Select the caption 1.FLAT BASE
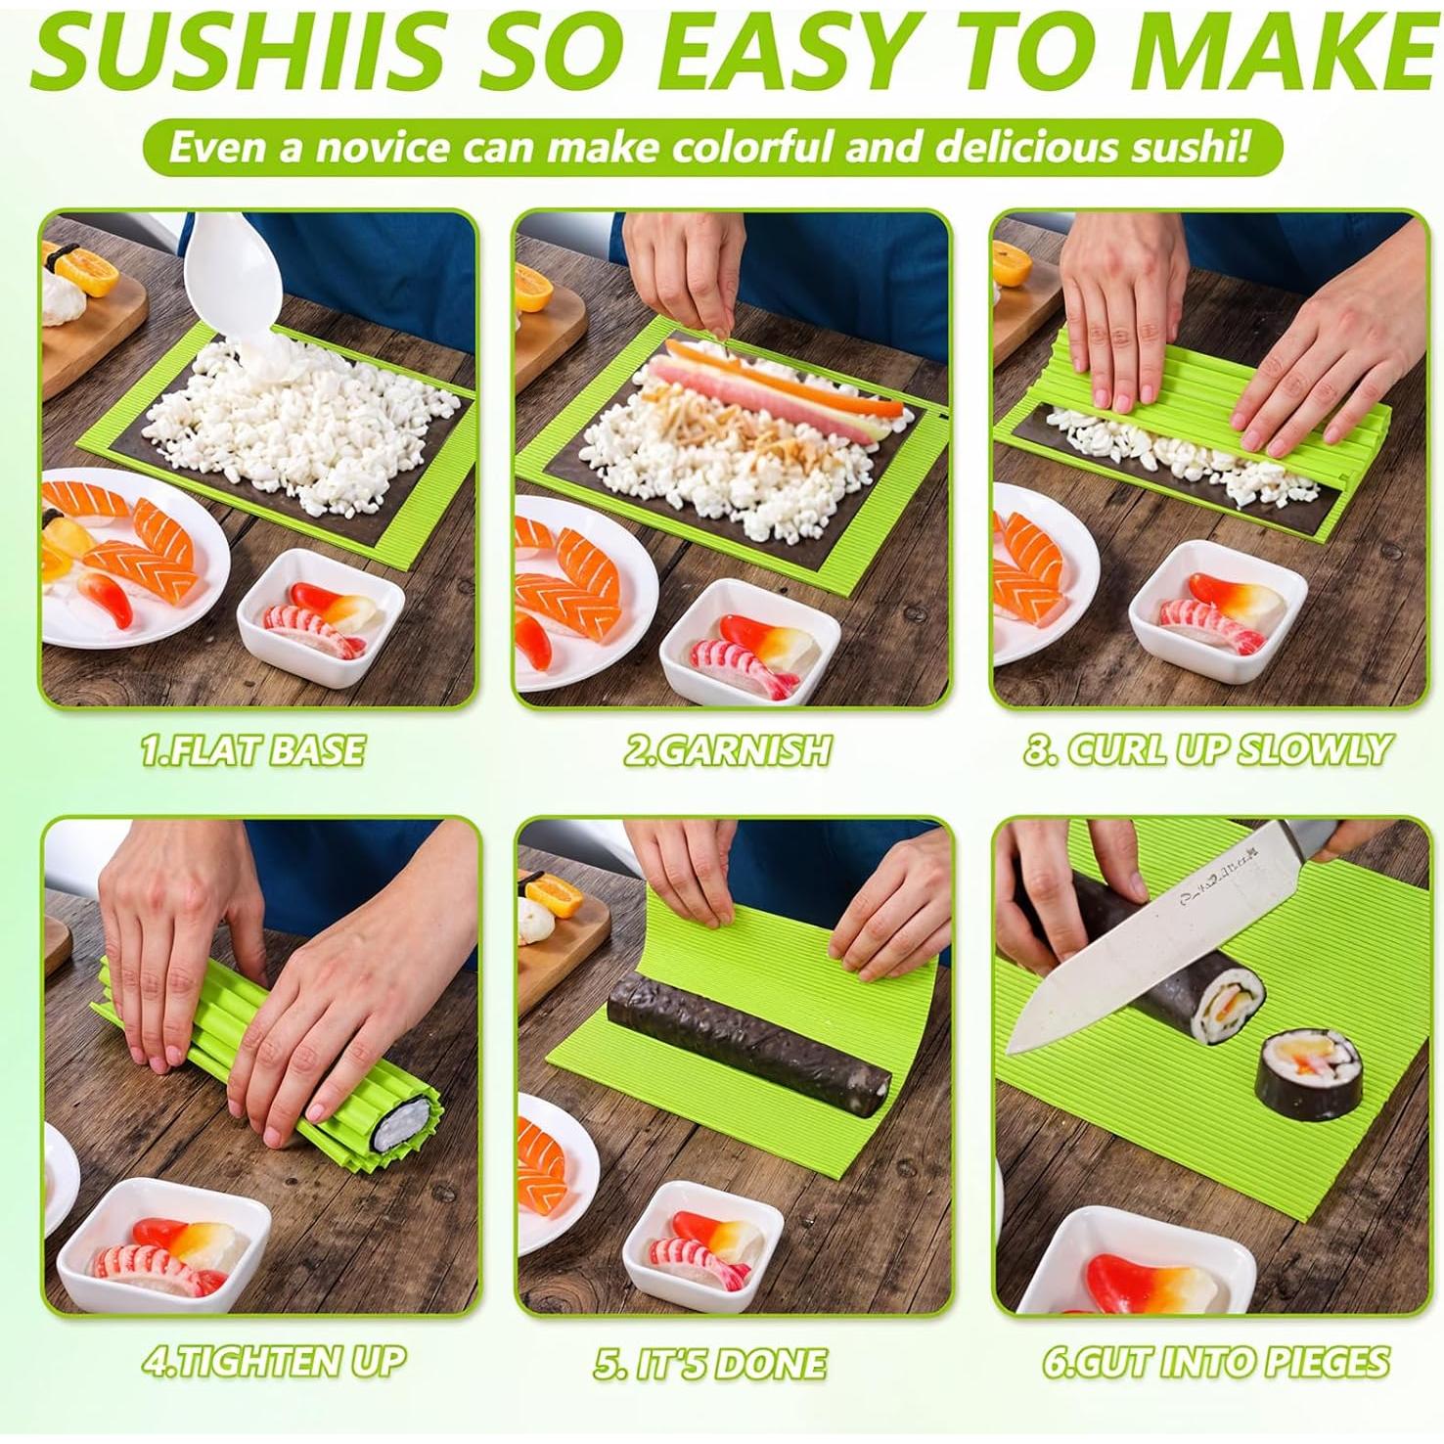tap(252, 750)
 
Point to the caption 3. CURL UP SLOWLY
tap(1206, 750)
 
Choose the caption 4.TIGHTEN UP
tap(274, 1361)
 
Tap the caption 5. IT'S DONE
tap(710, 1363)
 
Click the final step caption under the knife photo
tap(1216, 1361)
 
